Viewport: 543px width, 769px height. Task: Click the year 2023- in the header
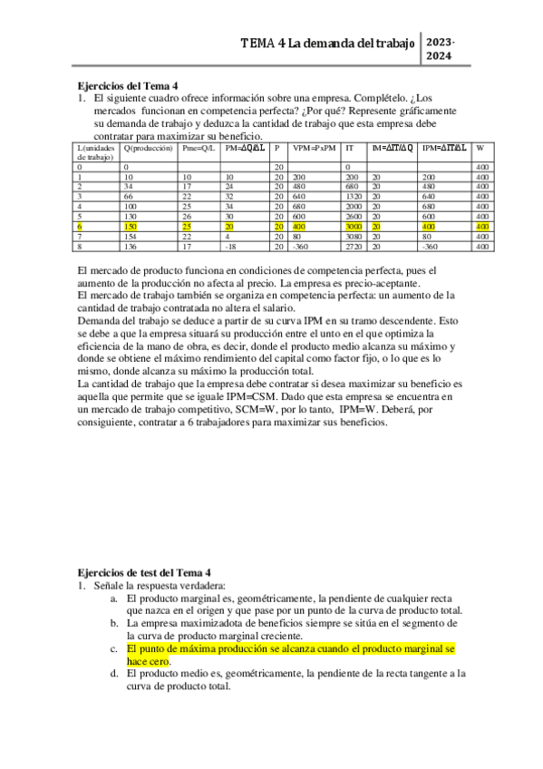pos(441,43)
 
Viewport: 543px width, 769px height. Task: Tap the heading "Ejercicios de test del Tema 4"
pos(144,574)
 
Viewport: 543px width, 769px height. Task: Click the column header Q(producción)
pos(149,147)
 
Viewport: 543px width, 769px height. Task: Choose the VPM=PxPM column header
pos(314,147)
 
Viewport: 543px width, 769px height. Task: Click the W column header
pos(480,147)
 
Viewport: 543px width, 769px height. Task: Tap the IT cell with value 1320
pos(354,196)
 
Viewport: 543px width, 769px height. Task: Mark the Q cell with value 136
pos(131,245)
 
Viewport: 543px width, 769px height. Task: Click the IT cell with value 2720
pos(354,245)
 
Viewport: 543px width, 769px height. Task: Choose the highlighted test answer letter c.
pos(113,649)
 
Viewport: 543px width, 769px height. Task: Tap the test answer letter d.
pos(113,674)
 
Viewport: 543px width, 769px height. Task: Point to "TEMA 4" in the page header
pos(262,43)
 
